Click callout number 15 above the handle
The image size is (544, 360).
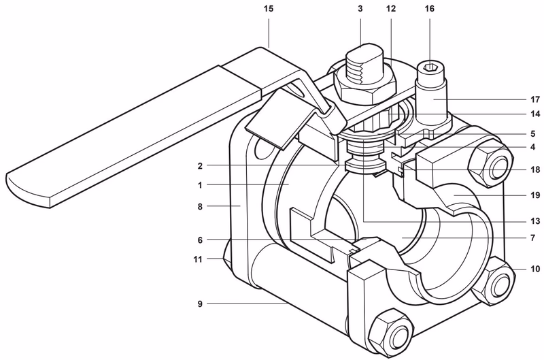269,9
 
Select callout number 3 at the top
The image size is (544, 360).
360,9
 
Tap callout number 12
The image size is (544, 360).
390,9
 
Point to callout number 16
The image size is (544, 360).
430,9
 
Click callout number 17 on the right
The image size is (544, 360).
535,99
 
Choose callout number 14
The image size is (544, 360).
535,114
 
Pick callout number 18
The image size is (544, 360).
535,169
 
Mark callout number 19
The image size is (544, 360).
535,195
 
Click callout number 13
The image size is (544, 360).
535,221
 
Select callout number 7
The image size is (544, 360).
533,238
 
